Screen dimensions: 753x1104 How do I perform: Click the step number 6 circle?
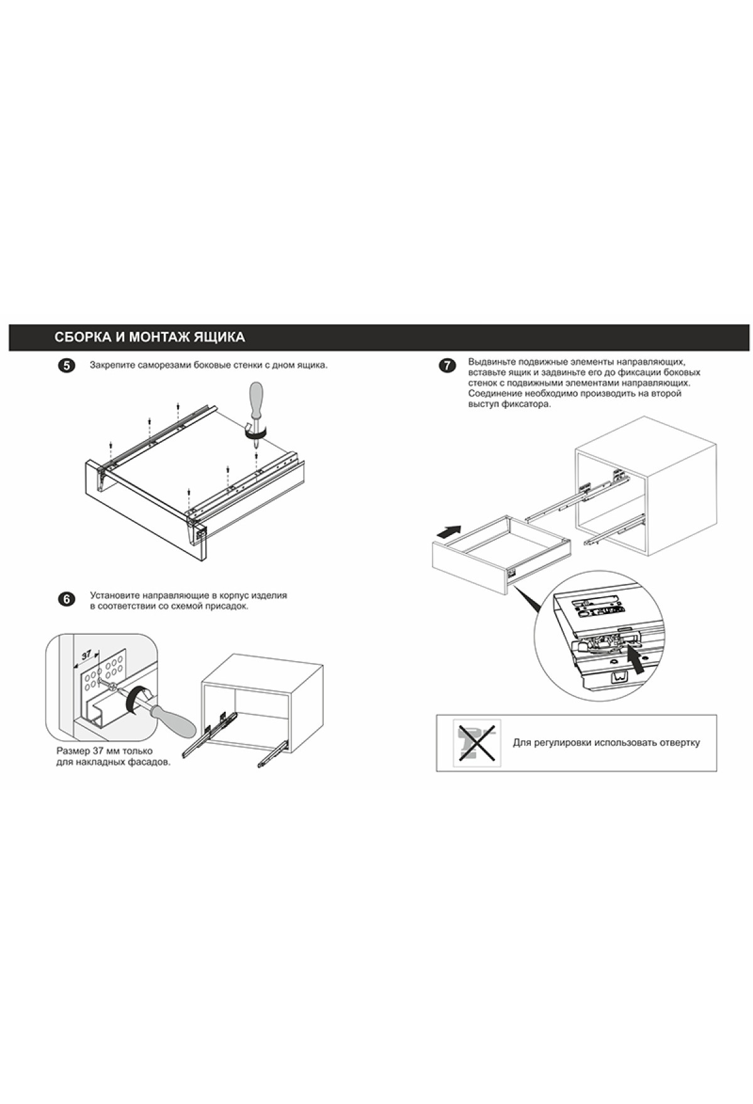66,599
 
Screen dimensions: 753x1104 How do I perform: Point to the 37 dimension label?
87,654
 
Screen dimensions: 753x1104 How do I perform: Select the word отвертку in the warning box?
680,743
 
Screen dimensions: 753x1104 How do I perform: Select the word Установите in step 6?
114,595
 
